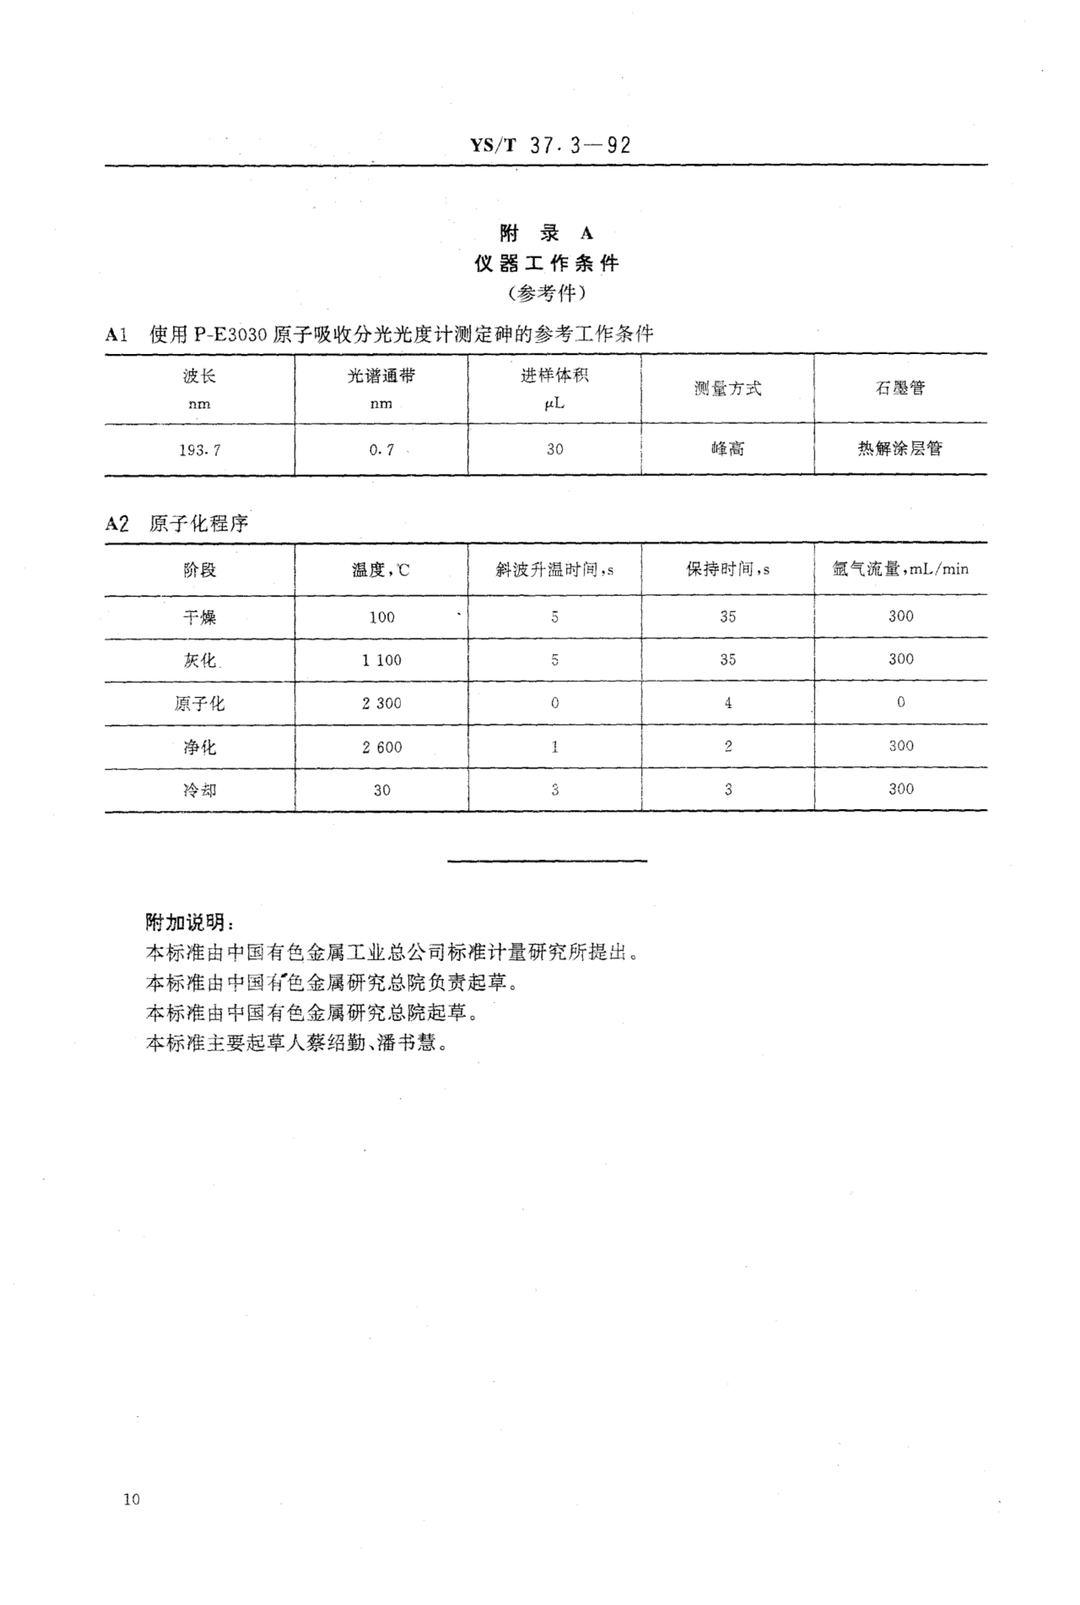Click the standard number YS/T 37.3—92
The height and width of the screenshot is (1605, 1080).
(x=550, y=145)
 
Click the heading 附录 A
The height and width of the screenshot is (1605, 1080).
(x=546, y=233)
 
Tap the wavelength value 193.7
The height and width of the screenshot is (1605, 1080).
(x=200, y=450)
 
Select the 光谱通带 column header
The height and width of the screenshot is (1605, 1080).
(x=381, y=376)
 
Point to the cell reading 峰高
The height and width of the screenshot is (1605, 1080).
(x=727, y=449)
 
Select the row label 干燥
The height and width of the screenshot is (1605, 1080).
(x=200, y=617)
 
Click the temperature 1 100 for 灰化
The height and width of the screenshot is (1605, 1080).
(x=382, y=660)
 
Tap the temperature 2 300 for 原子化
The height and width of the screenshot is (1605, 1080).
(x=382, y=703)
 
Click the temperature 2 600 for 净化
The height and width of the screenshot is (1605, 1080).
(x=382, y=747)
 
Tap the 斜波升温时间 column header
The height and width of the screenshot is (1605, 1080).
(x=555, y=570)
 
